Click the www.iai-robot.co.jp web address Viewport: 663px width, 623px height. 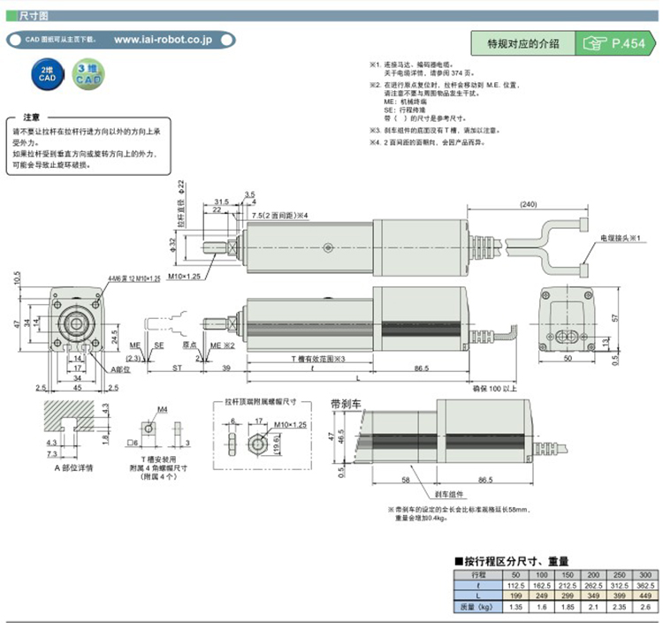(163, 40)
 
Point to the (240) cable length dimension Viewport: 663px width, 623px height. (529, 204)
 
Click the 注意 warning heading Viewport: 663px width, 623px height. (31, 118)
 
